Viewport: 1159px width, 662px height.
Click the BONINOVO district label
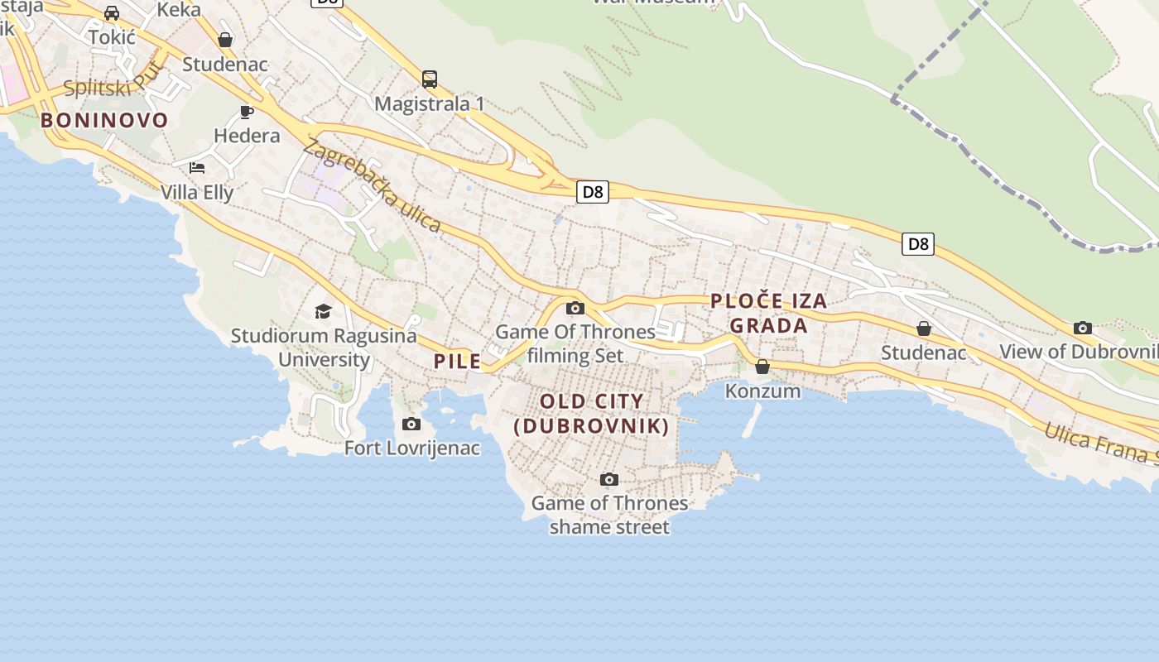point(104,120)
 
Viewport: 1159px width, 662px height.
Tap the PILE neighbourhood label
point(457,361)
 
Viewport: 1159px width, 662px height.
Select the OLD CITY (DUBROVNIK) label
point(591,414)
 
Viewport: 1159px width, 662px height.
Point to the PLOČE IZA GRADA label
point(768,313)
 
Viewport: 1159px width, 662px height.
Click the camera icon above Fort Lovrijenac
point(411,425)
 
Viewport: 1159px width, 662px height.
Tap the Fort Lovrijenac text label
point(412,449)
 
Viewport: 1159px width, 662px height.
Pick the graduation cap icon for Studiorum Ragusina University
point(323,311)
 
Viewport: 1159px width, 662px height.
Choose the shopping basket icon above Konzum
point(762,367)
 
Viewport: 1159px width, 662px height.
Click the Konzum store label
point(762,391)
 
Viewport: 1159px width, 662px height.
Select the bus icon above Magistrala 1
point(429,79)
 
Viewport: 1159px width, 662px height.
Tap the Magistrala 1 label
point(429,104)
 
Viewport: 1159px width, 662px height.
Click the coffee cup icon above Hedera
point(246,112)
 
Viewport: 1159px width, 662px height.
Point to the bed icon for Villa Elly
point(196,168)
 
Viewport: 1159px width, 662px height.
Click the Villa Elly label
point(197,192)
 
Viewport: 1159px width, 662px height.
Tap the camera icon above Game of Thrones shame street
point(608,479)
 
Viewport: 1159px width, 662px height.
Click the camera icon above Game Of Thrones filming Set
point(575,309)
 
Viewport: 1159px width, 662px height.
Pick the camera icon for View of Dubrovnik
point(1082,328)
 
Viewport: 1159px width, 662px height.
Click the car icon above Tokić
point(111,13)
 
